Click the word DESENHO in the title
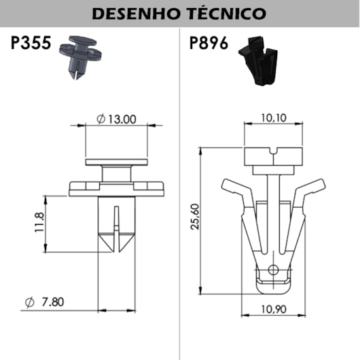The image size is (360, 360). pos(136,14)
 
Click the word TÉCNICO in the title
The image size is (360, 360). pos(227,13)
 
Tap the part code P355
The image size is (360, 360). pos(31,43)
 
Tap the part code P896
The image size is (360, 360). pos(209,43)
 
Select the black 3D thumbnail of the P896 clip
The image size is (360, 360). pos(258,60)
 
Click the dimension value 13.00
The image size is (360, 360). pos(122,120)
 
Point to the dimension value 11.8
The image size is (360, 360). pos(39,223)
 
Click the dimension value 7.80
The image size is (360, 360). pos(53,302)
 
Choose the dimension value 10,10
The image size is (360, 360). pos(274,118)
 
